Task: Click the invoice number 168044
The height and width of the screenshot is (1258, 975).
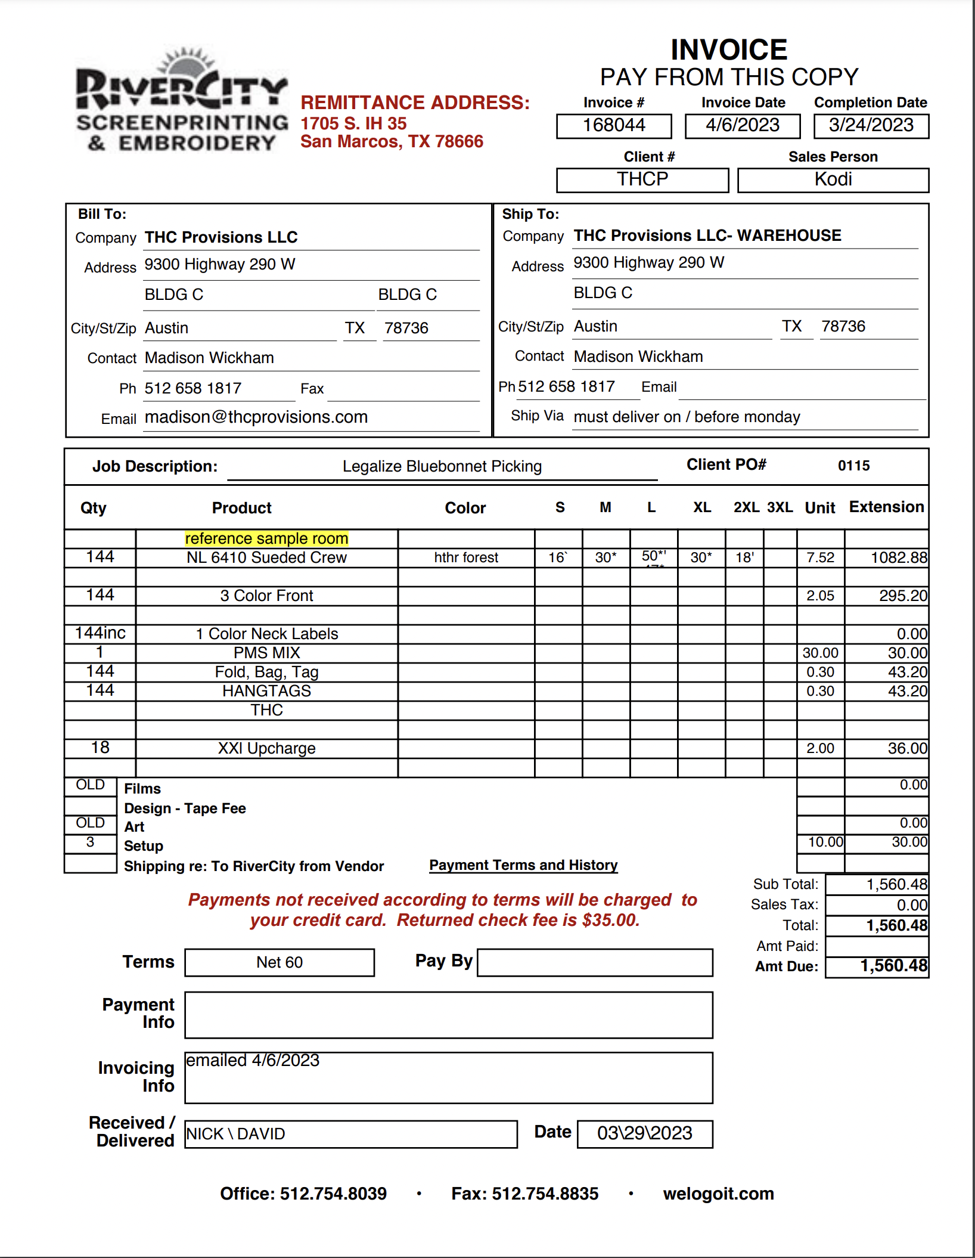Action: coord(614,125)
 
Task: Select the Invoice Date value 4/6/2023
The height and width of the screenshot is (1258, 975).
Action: coord(743,125)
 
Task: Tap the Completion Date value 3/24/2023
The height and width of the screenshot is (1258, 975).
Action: coord(871,125)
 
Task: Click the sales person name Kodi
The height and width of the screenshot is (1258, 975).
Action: coord(833,179)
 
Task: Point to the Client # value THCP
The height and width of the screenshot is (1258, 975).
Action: coord(642,179)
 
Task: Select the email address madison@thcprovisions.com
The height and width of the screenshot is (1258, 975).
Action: coord(256,417)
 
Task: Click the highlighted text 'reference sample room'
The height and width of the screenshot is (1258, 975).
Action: coord(266,538)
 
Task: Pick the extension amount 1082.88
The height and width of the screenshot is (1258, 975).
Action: coord(899,557)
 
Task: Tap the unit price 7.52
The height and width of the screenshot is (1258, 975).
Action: coord(820,557)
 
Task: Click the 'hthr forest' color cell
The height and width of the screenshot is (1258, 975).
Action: coord(466,557)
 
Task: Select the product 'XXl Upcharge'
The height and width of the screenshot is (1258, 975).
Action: coord(266,748)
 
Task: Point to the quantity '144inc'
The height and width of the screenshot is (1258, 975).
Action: coord(100,633)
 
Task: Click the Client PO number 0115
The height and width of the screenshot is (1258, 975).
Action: coord(853,466)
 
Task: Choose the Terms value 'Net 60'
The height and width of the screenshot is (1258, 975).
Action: coord(280,962)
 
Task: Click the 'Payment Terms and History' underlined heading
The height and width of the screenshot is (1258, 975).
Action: coord(523,865)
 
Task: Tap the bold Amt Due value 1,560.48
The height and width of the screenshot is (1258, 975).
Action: coord(893,966)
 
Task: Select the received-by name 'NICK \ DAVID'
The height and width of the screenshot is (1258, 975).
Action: coord(236,1134)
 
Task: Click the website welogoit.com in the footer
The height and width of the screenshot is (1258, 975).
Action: coord(718,1194)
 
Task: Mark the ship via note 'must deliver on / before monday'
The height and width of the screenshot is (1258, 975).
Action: coord(687,417)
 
